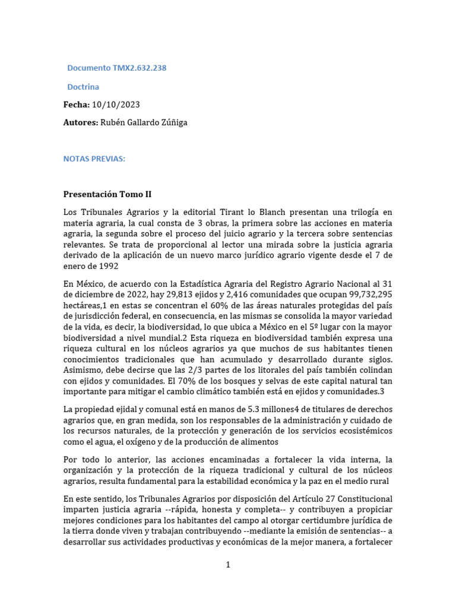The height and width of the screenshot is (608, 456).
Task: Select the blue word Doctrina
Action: point(83,87)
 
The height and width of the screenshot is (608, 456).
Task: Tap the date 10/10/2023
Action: point(116,104)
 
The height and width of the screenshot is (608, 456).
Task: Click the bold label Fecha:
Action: point(77,104)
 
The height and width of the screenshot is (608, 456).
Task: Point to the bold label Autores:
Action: point(81,122)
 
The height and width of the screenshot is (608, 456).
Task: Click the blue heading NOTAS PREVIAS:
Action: point(94,159)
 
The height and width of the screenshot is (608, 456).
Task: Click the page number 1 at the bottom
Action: point(227,565)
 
